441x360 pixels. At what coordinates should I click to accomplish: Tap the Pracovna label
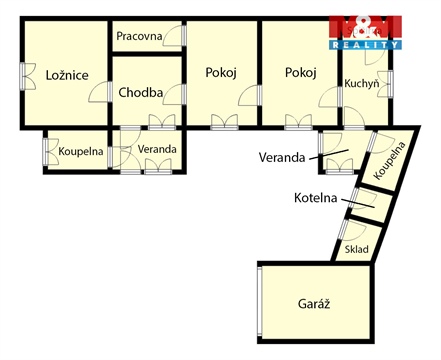[139, 36]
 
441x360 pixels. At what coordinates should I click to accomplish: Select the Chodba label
[140, 93]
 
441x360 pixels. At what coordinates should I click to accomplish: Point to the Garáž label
[314, 303]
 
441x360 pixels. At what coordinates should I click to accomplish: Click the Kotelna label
[316, 198]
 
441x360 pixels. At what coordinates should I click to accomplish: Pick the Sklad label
[356, 250]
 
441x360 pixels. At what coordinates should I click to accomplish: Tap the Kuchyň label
[361, 84]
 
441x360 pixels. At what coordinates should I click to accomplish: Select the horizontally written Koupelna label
[81, 152]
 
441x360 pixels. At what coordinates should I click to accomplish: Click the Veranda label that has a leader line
[281, 157]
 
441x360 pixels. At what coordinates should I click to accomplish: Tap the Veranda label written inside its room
[158, 149]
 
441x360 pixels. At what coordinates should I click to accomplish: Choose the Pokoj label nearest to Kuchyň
[300, 72]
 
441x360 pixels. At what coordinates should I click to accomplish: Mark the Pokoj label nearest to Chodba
[221, 72]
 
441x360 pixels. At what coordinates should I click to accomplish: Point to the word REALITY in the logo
[366, 45]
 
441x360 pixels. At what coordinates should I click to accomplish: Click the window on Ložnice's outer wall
[23, 76]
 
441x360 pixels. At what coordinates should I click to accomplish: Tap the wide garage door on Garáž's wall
[259, 304]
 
